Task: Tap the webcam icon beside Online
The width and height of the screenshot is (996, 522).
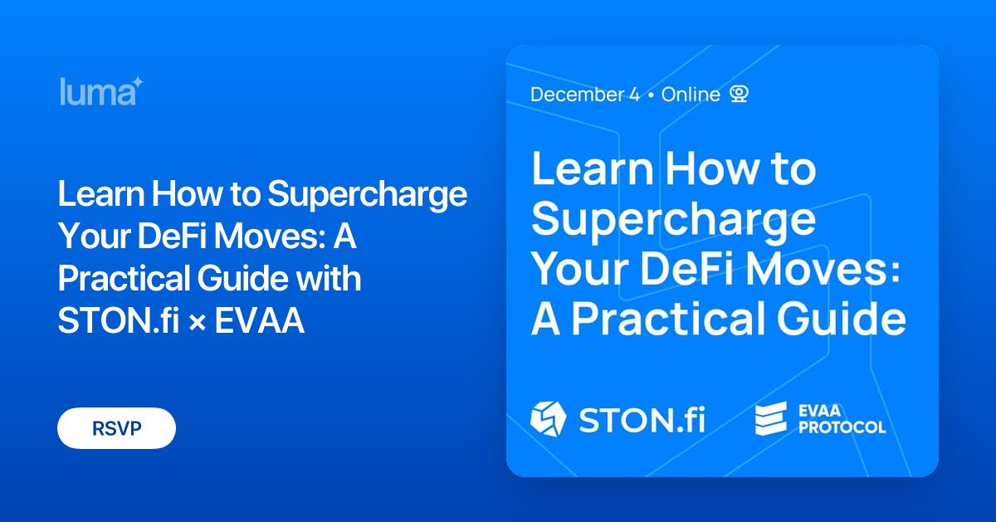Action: (x=739, y=94)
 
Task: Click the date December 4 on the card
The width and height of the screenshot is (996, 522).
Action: (x=585, y=95)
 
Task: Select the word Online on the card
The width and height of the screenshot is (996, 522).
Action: (x=691, y=95)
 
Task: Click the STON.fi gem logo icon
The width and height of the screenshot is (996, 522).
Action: (x=548, y=417)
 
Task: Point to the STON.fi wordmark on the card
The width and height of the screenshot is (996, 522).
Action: (x=641, y=418)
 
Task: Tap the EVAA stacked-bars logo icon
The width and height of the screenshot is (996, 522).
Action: (x=770, y=418)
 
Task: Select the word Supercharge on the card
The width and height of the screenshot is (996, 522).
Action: (x=673, y=220)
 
